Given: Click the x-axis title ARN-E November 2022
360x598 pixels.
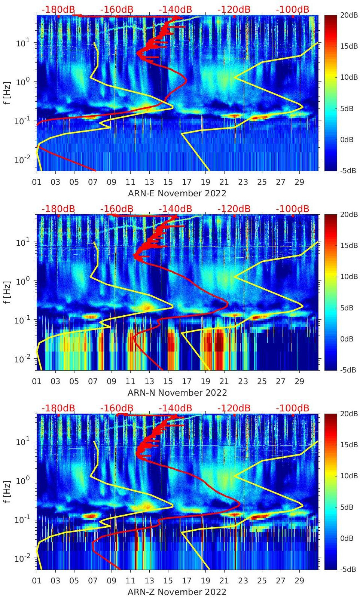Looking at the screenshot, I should pyautogui.click(x=177, y=193).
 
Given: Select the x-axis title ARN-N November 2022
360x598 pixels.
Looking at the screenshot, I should pyautogui.click(x=177, y=393).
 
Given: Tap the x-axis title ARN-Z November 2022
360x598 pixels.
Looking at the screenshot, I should pyautogui.click(x=177, y=592).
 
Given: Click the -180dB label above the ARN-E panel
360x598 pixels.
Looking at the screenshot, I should pyautogui.click(x=58, y=9).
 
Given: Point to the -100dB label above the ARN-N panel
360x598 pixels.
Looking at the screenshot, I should pyautogui.click(x=292, y=209).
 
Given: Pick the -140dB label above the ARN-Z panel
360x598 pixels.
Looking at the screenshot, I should pyautogui.click(x=175, y=408).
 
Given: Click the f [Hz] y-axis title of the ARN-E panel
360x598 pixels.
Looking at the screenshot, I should pyautogui.click(x=7, y=93).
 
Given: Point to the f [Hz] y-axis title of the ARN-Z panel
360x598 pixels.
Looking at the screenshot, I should pyautogui.click(x=7, y=491).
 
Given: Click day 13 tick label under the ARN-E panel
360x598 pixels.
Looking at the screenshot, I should pyautogui.click(x=149, y=183).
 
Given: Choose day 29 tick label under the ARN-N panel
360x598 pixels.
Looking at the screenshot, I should pyautogui.click(x=299, y=382).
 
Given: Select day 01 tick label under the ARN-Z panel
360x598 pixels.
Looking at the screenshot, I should pyautogui.click(x=37, y=581).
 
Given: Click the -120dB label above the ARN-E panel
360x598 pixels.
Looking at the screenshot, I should pyautogui.click(x=234, y=9).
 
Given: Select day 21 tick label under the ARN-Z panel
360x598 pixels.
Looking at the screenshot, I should pyautogui.click(x=224, y=581).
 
